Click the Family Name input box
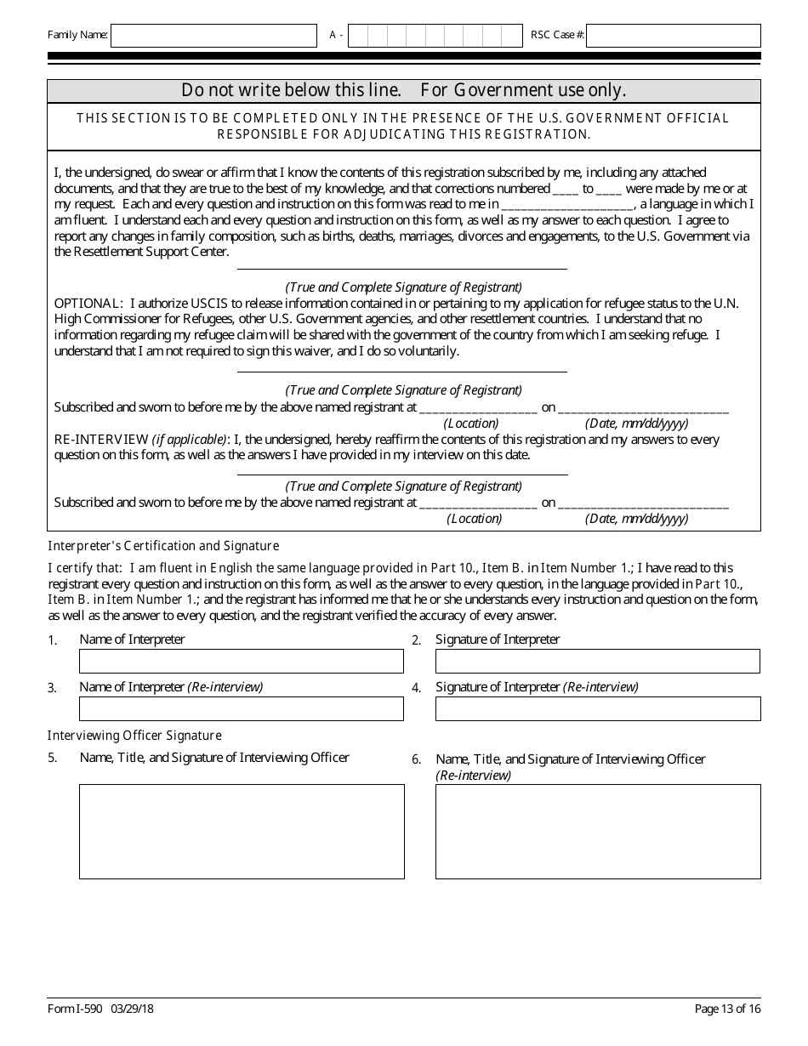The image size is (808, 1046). click(213, 36)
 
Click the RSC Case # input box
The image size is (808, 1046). click(673, 36)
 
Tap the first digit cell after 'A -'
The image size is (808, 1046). click(358, 36)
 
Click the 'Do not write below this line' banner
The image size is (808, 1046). click(403, 91)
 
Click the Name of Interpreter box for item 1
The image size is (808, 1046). click(241, 662)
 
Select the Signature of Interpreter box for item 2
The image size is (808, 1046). click(597, 662)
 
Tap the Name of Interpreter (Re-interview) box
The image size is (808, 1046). click(241, 709)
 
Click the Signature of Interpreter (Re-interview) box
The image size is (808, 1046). click(597, 709)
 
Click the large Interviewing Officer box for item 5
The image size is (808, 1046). click(242, 831)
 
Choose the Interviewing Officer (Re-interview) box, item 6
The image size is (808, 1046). click(598, 831)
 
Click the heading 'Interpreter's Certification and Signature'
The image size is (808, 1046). click(163, 546)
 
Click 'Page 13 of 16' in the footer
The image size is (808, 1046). click(727, 1009)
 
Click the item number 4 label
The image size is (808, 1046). click(417, 688)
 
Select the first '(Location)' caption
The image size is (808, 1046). click(470, 424)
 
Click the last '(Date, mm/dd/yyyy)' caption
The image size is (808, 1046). click(636, 519)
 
